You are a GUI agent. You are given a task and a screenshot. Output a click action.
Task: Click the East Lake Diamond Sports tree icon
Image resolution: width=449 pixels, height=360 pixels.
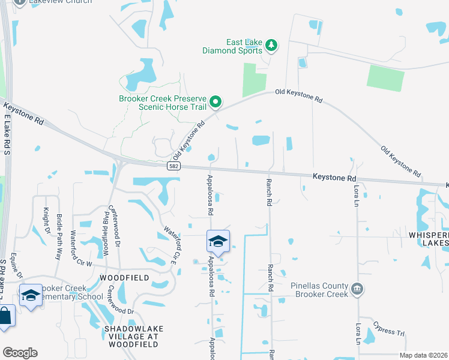tap(271, 46)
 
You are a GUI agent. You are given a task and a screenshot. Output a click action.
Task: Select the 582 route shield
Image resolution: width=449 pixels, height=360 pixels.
tap(173, 165)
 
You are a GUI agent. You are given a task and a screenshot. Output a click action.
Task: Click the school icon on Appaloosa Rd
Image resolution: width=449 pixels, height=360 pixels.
tap(217, 241)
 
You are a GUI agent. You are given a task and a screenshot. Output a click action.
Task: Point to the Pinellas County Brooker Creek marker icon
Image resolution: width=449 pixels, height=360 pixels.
tap(358, 290)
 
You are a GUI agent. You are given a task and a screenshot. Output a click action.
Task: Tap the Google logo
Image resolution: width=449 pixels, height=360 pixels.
tap(20, 353)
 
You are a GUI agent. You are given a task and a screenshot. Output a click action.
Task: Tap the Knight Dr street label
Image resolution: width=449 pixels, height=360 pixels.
tap(46, 221)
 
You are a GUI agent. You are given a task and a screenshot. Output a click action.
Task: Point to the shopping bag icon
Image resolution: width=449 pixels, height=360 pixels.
tap(5, 316)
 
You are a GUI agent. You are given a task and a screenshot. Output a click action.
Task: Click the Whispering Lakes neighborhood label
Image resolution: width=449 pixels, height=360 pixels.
tap(429, 239)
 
